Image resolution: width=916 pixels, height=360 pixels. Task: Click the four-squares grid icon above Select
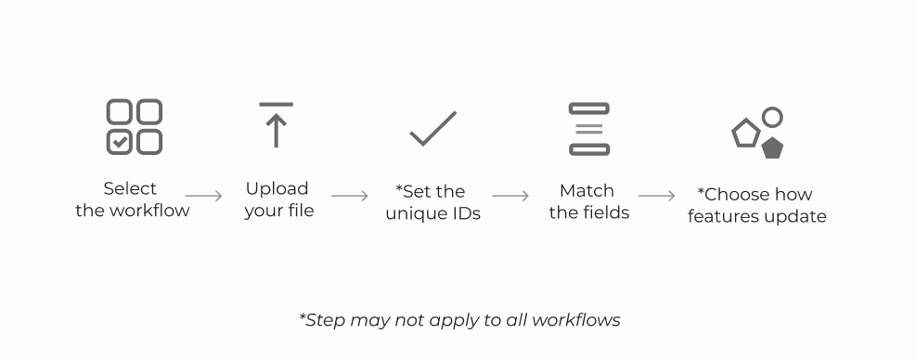[x=135, y=127]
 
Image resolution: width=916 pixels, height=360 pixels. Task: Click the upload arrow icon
[x=276, y=126]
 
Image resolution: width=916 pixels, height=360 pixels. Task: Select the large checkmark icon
[x=433, y=128]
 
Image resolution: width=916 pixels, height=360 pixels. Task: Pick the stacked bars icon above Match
[x=589, y=129]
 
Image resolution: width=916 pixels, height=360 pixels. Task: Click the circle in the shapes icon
[x=772, y=118]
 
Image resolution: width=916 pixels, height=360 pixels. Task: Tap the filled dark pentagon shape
[x=771, y=148]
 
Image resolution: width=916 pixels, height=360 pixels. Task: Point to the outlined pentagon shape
[x=746, y=134]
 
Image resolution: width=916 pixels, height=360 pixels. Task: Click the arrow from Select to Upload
[x=204, y=196]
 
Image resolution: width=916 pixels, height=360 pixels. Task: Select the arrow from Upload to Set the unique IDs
[x=350, y=196]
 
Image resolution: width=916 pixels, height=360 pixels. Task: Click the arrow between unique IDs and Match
[x=510, y=196]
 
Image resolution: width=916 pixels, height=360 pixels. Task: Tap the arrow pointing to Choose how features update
[x=656, y=196]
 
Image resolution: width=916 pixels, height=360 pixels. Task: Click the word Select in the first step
[x=130, y=188]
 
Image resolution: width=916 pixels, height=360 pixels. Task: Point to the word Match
[x=587, y=190]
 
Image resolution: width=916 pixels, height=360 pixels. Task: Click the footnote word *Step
[x=321, y=320]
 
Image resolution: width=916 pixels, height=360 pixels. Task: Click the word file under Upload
[x=299, y=211]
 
